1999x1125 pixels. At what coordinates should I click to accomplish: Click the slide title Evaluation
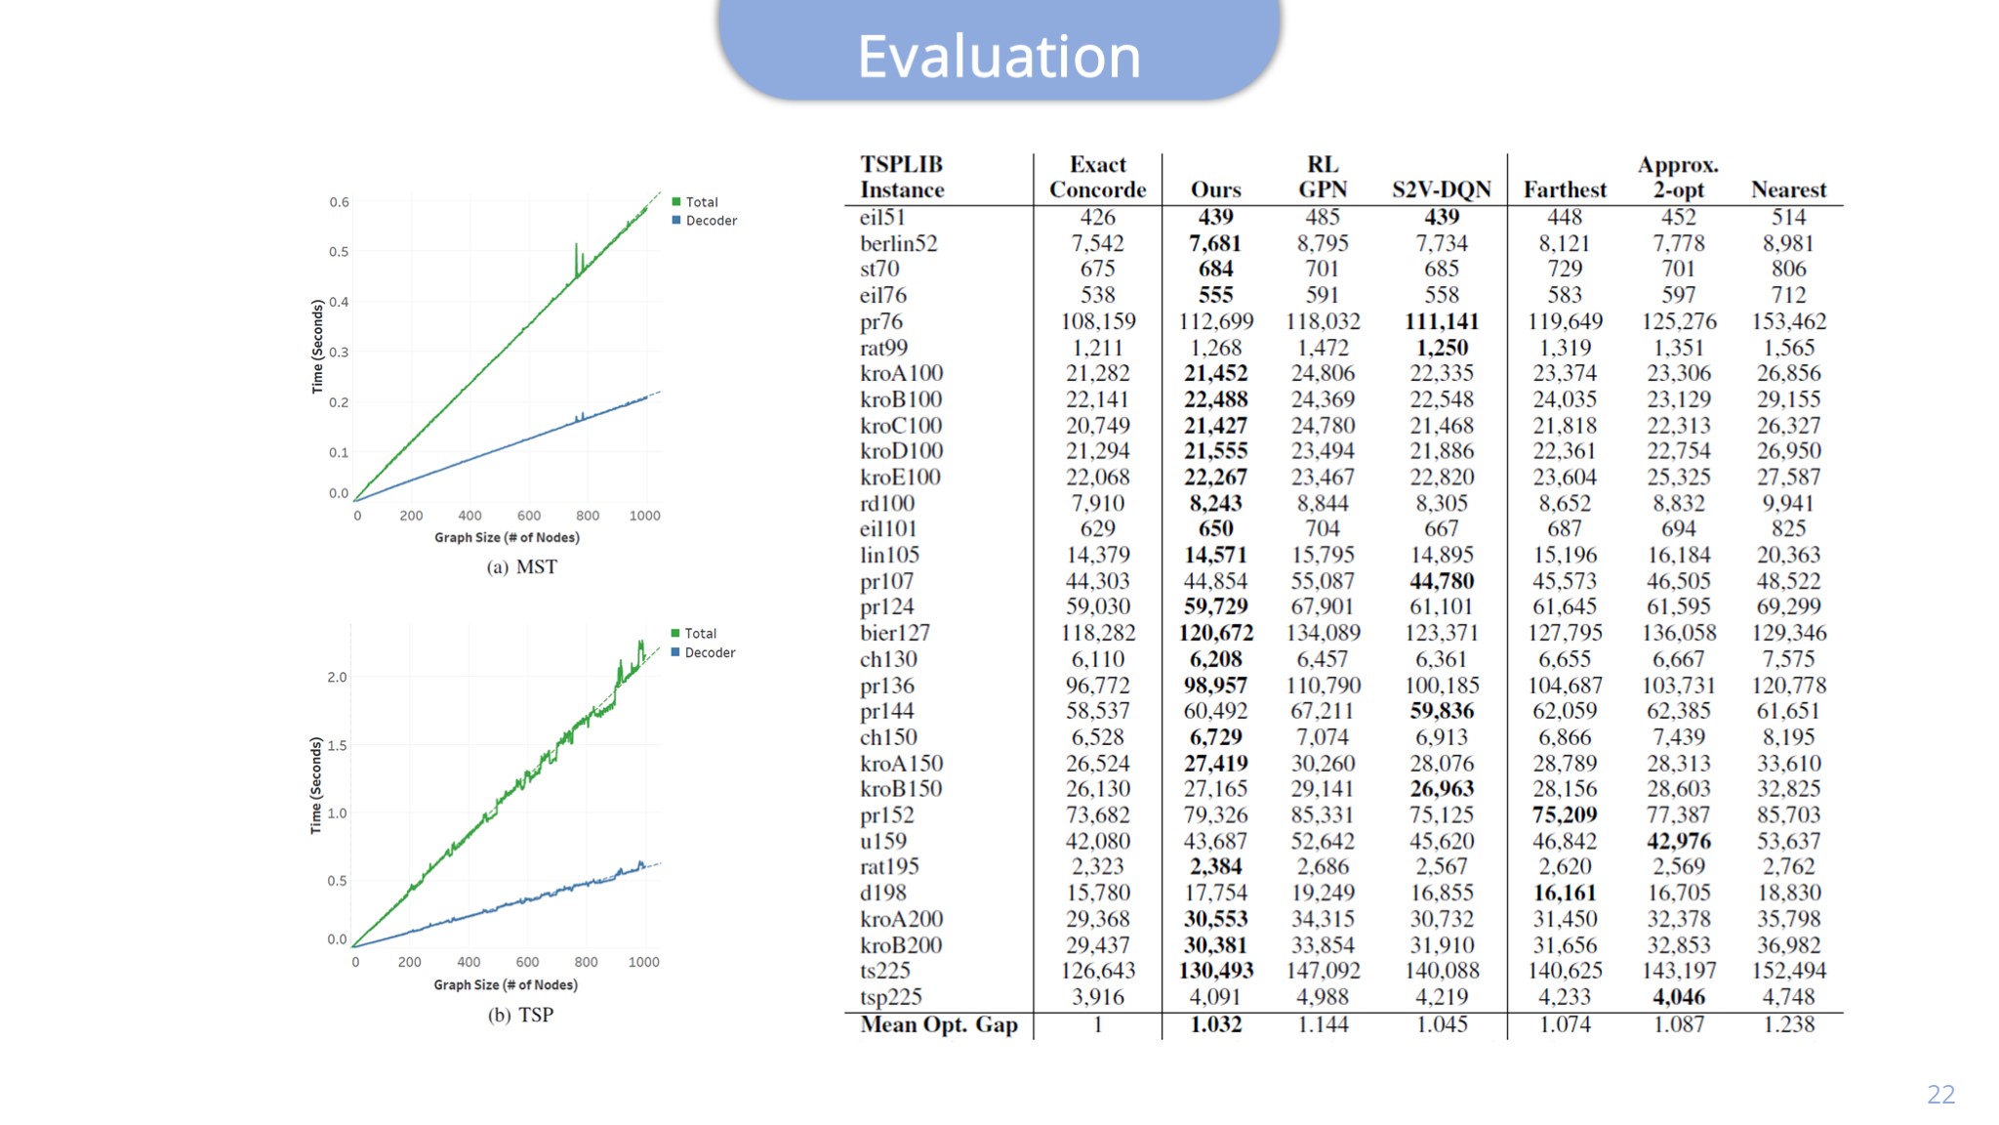coord(999,56)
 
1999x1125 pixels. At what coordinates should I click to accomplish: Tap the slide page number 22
coord(1940,1094)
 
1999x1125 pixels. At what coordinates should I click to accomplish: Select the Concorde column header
coord(1097,189)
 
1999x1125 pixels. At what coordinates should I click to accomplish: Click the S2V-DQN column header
coord(1442,189)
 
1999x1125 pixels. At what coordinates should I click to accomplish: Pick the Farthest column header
coord(1565,189)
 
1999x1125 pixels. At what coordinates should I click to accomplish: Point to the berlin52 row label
coord(898,243)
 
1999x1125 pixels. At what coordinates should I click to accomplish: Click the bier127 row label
coord(895,633)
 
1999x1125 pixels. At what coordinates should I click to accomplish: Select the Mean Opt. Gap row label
coord(939,1024)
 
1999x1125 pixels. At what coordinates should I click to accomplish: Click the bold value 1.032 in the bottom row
coord(1216,1024)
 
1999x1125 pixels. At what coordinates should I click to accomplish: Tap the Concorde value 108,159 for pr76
coord(1098,321)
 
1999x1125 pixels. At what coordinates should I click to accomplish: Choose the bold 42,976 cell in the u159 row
coord(1679,841)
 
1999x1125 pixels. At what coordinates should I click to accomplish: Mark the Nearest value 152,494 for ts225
coord(1788,971)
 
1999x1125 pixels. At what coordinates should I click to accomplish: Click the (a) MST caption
coord(522,567)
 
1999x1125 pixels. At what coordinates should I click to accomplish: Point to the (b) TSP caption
coord(521,1015)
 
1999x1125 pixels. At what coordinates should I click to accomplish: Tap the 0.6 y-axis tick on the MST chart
coord(339,202)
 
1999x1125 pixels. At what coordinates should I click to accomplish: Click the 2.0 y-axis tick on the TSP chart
coord(337,677)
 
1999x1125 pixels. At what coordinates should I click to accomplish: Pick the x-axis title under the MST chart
coord(507,537)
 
